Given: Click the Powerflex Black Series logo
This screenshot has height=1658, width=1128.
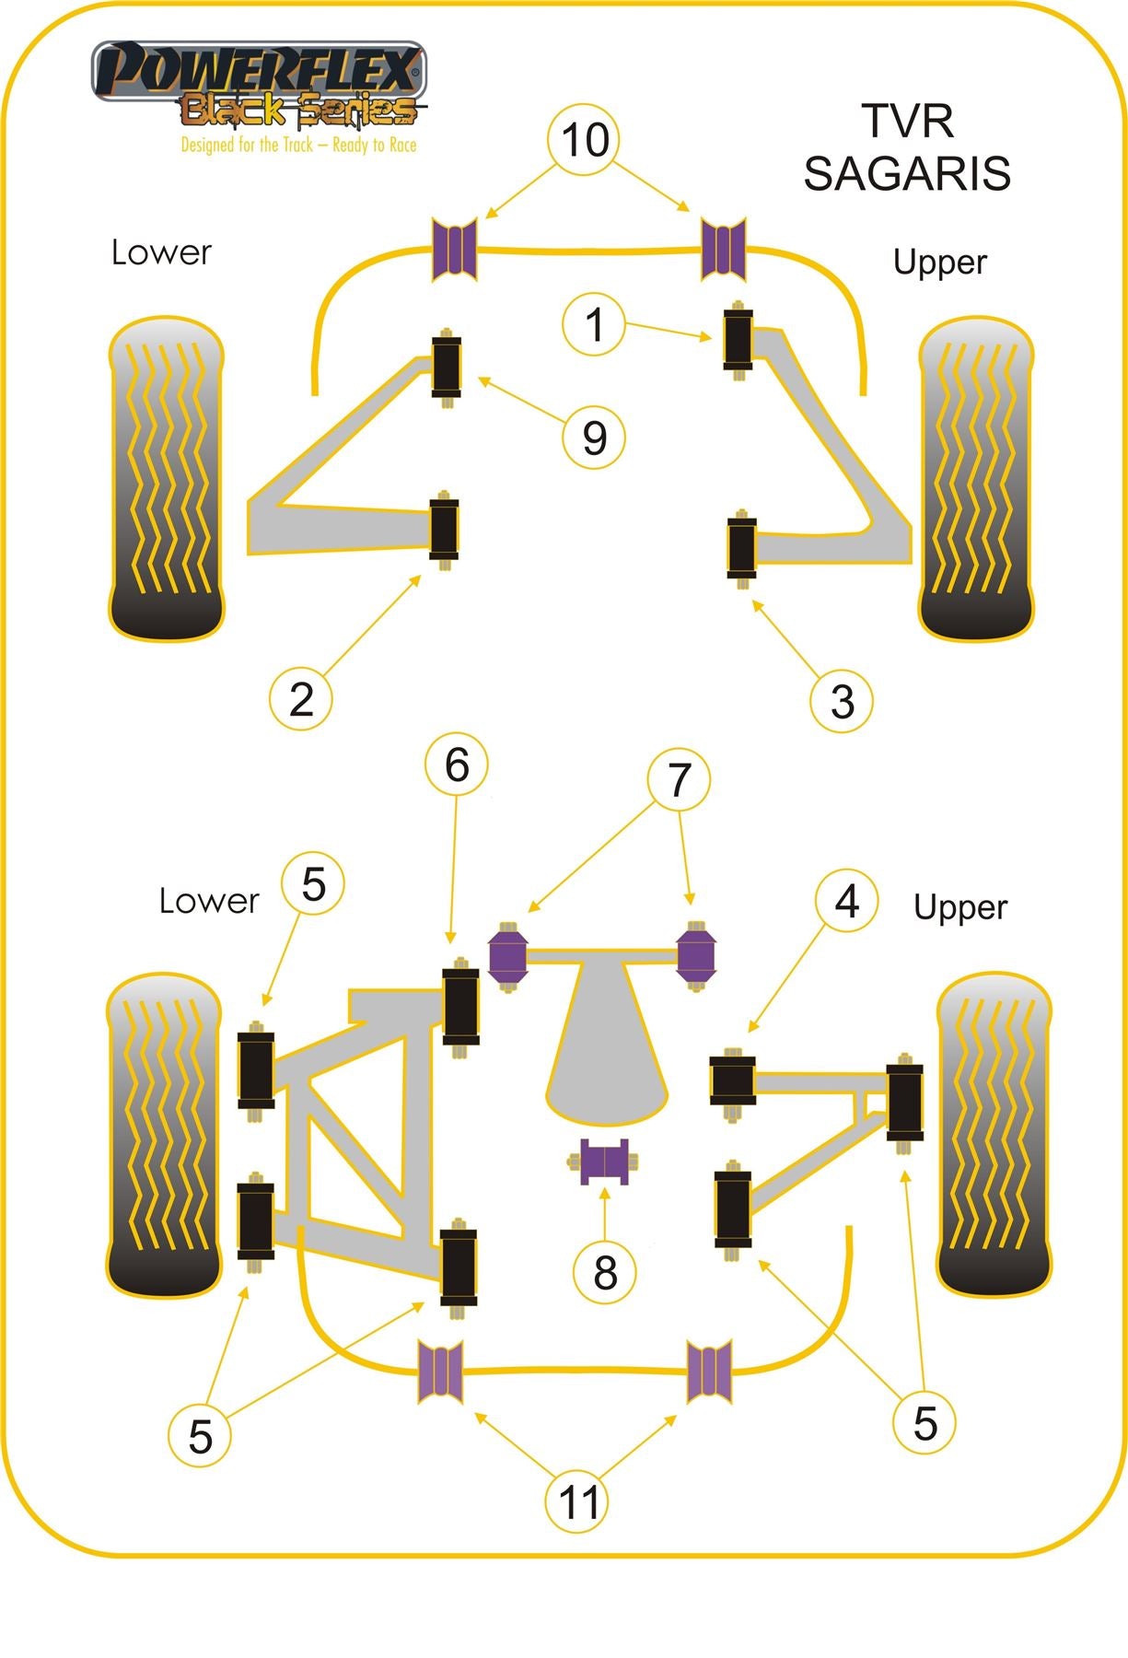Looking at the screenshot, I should click(x=259, y=85).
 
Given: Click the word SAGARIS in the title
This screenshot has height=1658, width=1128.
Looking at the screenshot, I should click(x=907, y=173).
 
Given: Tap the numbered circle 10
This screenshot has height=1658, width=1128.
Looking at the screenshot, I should click(x=585, y=140).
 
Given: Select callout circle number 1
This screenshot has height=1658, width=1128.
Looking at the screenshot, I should click(x=594, y=324).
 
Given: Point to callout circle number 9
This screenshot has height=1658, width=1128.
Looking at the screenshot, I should click(x=594, y=437).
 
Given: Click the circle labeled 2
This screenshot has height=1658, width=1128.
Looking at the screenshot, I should click(x=301, y=699).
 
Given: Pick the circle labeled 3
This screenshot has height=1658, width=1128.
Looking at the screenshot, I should click(x=841, y=701).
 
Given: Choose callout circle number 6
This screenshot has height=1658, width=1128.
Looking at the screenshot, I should click(x=457, y=765).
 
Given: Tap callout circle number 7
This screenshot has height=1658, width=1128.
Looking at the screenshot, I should click(x=679, y=780).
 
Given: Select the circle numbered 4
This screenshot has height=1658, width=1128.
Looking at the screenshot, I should click(x=846, y=900).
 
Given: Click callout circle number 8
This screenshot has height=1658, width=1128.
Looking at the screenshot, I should click(x=605, y=1272).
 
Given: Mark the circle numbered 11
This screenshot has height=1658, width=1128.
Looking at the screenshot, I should click(x=577, y=1502).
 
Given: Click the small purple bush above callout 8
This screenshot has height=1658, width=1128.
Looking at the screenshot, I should click(x=604, y=1162).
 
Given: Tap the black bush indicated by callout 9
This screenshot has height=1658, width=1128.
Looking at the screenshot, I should click(x=447, y=366).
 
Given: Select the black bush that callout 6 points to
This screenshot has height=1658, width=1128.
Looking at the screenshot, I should click(x=460, y=1006).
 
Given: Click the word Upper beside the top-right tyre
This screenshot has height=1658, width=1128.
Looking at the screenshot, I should click(x=939, y=263).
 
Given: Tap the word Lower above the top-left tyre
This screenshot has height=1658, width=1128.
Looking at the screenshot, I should click(x=161, y=252).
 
